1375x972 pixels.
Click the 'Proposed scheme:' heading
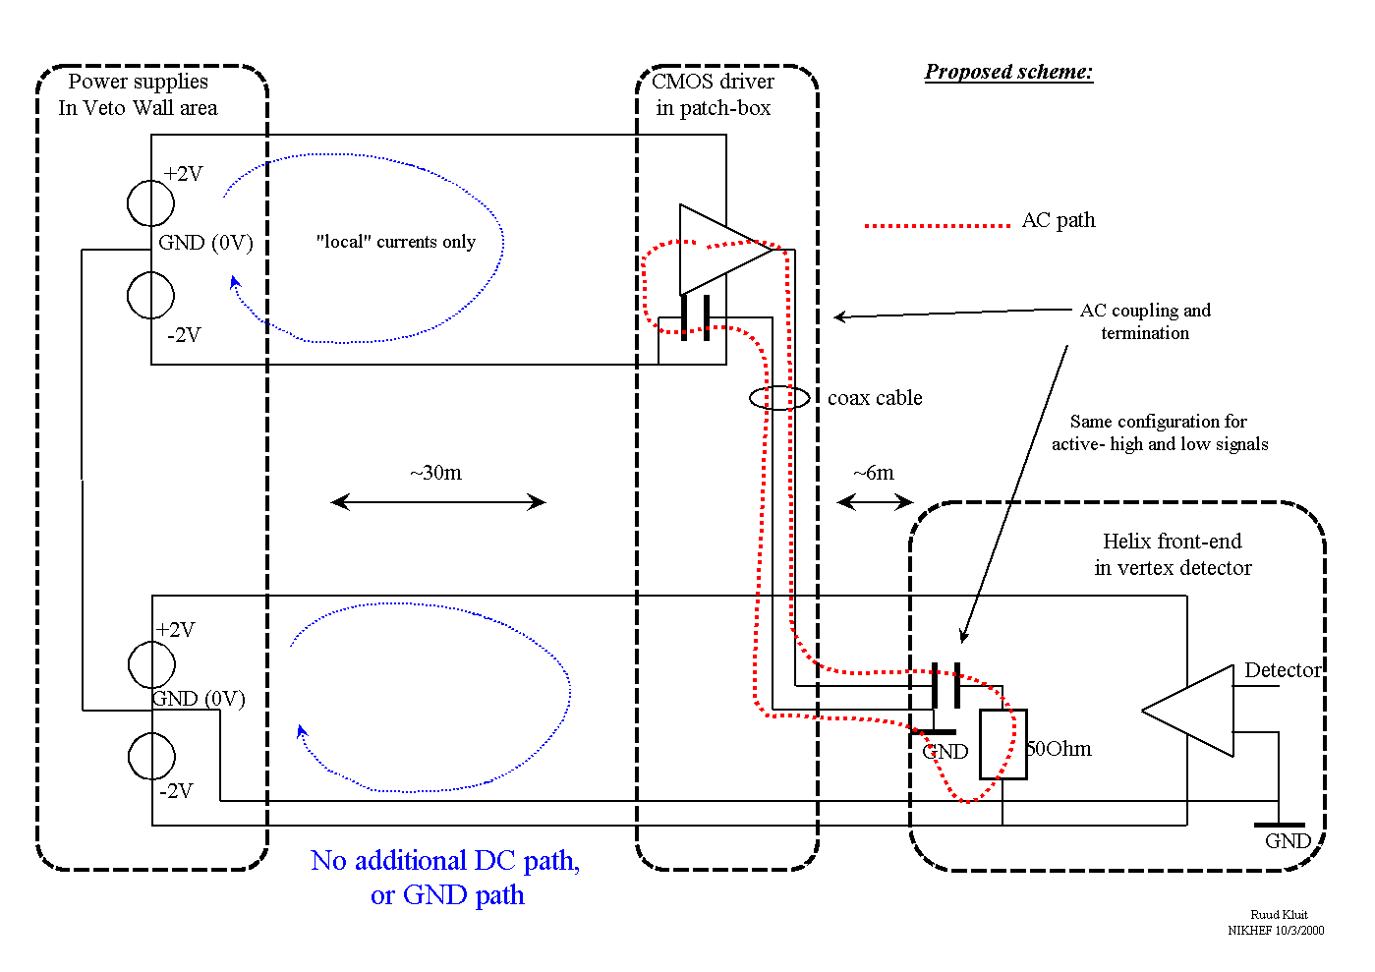pos(1008,72)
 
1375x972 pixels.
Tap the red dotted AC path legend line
pos(937,225)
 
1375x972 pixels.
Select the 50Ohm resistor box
pos(1003,744)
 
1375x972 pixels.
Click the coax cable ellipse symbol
pos(779,398)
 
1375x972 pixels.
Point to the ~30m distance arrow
pos(438,502)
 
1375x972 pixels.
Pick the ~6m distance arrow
pos(875,502)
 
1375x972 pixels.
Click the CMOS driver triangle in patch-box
pos(722,250)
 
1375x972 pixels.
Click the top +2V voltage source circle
pos(150,203)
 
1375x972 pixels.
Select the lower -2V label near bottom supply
pos(177,791)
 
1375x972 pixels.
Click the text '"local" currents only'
pos(395,242)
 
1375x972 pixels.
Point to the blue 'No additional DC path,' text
pos(445,861)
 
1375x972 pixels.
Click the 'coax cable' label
pos(875,398)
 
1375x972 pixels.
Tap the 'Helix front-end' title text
pos(1172,542)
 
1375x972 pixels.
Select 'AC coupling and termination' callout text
pos(1145,321)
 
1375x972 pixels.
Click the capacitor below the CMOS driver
pos(695,317)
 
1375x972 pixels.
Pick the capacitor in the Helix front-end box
pos(945,685)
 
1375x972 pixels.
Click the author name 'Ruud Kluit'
pos(1279,915)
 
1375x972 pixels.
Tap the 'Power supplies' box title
pos(139,82)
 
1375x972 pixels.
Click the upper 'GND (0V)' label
pos(205,243)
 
